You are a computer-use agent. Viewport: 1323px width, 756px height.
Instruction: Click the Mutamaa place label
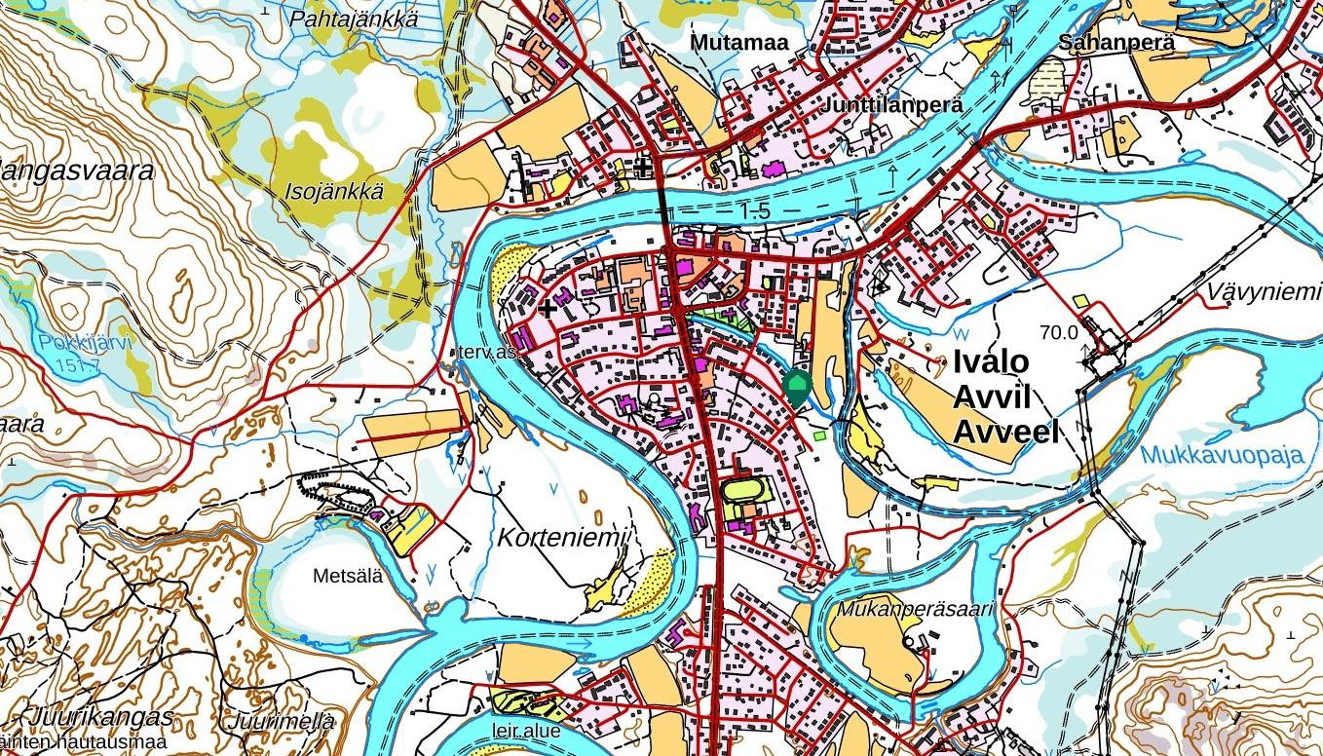point(738,43)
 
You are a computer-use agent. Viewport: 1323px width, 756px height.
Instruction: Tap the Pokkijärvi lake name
point(86,342)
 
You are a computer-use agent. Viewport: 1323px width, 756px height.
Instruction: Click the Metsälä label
point(348,576)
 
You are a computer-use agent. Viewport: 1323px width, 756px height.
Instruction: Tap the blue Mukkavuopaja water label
point(1222,456)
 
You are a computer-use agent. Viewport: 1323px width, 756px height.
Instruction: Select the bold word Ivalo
point(991,361)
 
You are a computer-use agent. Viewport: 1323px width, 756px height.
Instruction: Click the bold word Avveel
point(1005,432)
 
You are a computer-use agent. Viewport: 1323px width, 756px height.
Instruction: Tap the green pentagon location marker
point(796,387)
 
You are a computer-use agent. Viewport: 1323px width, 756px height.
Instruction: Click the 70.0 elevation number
point(1059,332)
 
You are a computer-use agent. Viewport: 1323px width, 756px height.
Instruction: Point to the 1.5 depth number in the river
point(754,210)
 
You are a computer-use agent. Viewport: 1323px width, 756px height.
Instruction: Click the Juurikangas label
point(102,717)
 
